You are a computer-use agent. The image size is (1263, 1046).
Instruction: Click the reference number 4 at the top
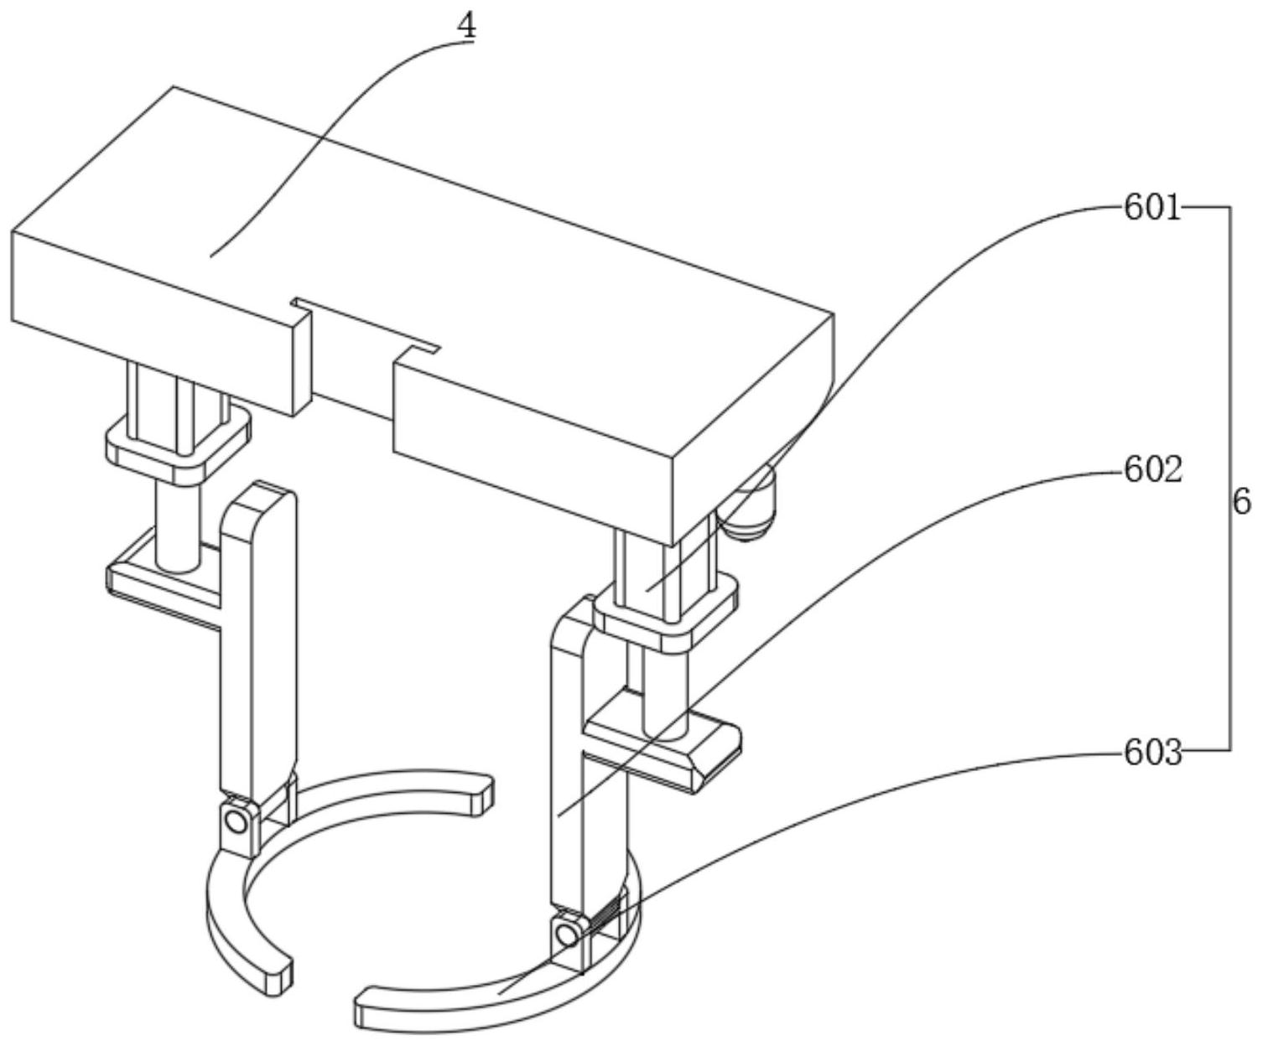click(466, 25)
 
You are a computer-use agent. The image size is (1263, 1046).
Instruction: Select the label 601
click(1151, 207)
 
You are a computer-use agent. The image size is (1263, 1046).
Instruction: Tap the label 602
click(1152, 470)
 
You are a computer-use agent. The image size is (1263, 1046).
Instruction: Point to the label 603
click(1152, 753)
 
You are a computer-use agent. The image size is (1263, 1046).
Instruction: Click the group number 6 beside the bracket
click(1242, 502)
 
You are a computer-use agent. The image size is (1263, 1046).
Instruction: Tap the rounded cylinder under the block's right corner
click(751, 508)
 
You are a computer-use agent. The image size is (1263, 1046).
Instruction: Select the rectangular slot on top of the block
click(365, 323)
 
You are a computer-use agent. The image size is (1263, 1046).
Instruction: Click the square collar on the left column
click(178, 442)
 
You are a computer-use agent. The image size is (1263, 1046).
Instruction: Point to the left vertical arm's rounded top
click(260, 498)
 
